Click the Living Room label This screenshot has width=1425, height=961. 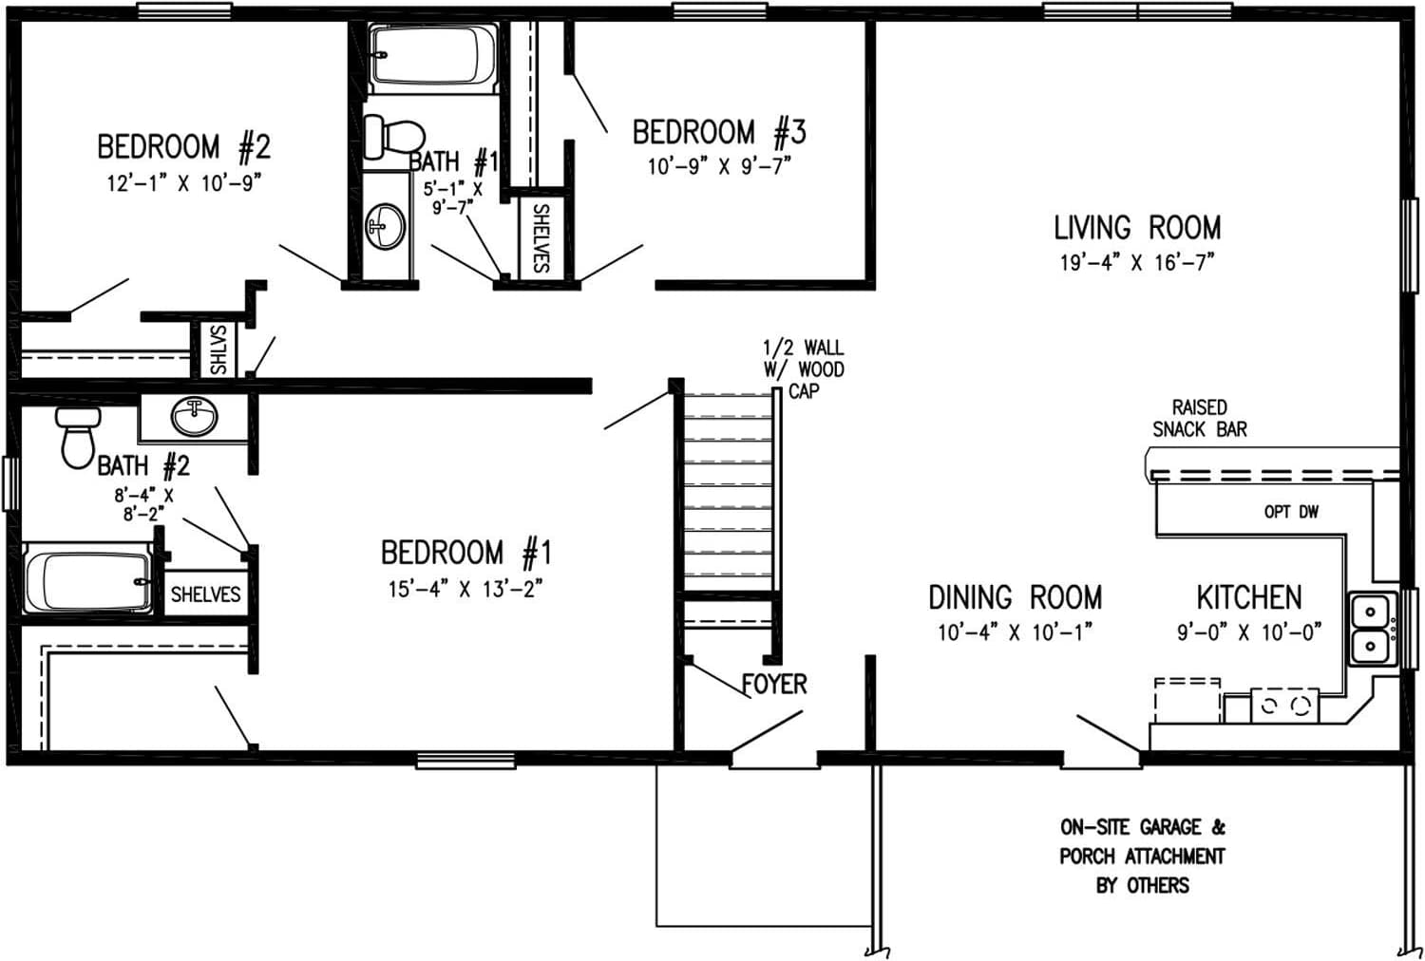tap(1137, 228)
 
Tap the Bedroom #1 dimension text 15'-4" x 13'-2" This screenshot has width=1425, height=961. tap(465, 589)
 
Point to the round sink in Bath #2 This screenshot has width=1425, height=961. tap(195, 416)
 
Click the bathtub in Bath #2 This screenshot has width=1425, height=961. tap(87, 580)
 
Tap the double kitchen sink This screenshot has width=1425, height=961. tap(1372, 627)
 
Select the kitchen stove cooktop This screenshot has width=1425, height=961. tap(1284, 706)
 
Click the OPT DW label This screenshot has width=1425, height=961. tap(1291, 512)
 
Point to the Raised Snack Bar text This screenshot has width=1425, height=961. tap(1199, 418)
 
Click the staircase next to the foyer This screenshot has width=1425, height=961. tap(728, 489)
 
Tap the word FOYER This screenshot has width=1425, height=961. tap(774, 684)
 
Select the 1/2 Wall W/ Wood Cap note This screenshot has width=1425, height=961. tap(803, 369)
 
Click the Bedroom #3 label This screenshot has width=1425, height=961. tap(719, 132)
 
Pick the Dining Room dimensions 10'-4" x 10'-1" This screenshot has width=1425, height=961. tap(1015, 632)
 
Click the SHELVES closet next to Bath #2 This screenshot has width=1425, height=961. tap(205, 594)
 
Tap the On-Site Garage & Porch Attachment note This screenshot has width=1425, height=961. tap(1142, 856)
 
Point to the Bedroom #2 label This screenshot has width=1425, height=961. tap(183, 147)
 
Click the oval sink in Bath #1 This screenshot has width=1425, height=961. tap(386, 226)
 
